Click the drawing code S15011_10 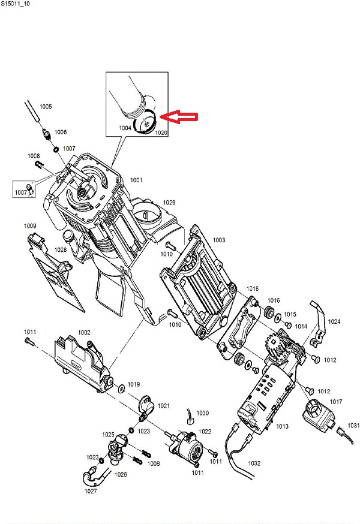[18, 4]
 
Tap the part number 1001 [136, 180]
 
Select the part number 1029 [169, 203]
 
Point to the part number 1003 [218, 240]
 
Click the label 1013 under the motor [282, 426]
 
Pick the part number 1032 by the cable [254, 463]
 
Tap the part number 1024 [334, 322]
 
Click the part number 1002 [84, 332]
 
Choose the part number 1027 [90, 491]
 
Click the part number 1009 [30, 225]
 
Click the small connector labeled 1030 [190, 421]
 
